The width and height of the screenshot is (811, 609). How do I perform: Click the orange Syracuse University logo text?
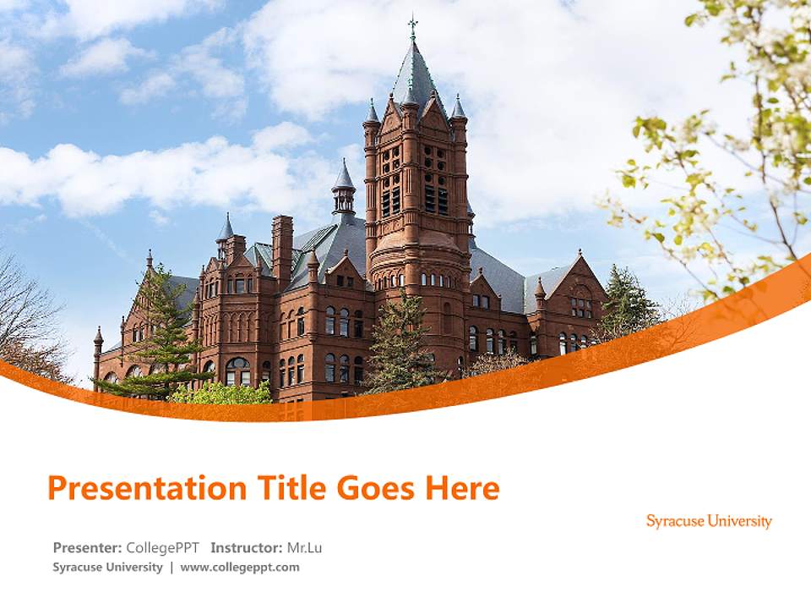pyautogui.click(x=709, y=521)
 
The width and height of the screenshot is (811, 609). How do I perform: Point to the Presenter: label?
pyautogui.click(x=87, y=547)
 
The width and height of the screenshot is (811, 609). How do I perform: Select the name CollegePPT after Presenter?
pyautogui.click(x=163, y=547)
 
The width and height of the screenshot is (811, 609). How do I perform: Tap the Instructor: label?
pyautogui.click(x=247, y=547)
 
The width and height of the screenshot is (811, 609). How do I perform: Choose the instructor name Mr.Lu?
pyautogui.click(x=304, y=547)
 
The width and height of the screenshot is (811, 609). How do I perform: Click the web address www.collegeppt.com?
pyautogui.click(x=240, y=567)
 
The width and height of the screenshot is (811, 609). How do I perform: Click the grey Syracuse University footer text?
pyautogui.click(x=107, y=567)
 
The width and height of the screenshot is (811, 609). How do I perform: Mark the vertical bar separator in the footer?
pyautogui.click(x=171, y=567)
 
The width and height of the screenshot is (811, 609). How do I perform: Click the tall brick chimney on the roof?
pyautogui.click(x=282, y=245)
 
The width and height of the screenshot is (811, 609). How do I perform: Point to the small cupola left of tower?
pyautogui.click(x=343, y=190)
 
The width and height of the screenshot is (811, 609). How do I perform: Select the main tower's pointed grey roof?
pyautogui.click(x=415, y=76)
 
